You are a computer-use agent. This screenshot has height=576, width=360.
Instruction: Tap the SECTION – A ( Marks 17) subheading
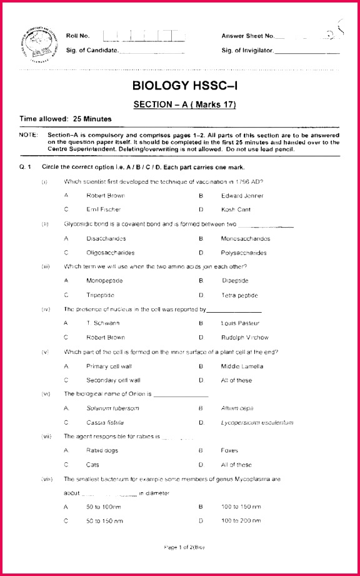pyautogui.click(x=185, y=104)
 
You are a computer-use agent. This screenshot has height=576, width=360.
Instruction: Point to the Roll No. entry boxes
pyautogui.click(x=144, y=36)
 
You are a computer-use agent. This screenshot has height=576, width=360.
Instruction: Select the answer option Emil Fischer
pyautogui.click(x=104, y=210)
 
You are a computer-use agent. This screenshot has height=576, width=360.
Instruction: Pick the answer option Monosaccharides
pyautogui.click(x=246, y=238)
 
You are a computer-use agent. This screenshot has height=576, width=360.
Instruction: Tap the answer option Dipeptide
pyautogui.click(x=234, y=281)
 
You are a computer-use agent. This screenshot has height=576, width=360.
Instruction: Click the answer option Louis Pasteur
pyautogui.click(x=238, y=323)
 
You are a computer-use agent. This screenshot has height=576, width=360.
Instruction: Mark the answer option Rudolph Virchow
pyautogui.click(x=245, y=337)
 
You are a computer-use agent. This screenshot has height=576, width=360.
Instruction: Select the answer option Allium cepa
pyautogui.click(x=237, y=408)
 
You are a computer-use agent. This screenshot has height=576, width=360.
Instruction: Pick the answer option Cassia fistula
pyautogui.click(x=105, y=422)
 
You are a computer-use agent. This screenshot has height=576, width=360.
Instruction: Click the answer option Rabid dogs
pyautogui.click(x=101, y=450)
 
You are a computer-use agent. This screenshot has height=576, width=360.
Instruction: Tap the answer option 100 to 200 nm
pyautogui.click(x=241, y=521)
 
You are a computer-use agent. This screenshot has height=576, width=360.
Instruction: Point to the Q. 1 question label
pyautogui.click(x=26, y=167)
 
